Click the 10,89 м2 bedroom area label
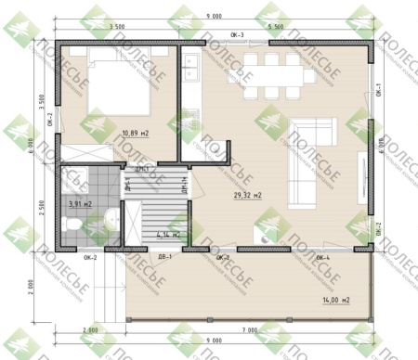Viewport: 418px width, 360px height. (x=135, y=134)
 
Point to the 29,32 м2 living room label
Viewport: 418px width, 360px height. (x=247, y=196)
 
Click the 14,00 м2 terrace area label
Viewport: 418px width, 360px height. (x=336, y=301)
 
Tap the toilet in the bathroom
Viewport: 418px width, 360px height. (x=73, y=225)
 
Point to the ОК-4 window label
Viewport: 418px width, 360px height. (x=324, y=257)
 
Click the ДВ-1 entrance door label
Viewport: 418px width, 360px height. (x=165, y=257)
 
